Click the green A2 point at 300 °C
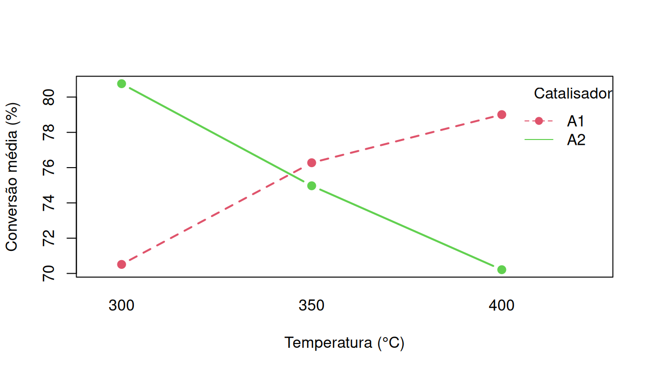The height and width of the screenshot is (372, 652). click(121, 84)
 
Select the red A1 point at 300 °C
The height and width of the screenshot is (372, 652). click(121, 264)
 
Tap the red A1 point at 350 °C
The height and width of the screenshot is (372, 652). click(311, 163)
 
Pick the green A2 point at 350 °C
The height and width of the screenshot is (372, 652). click(311, 186)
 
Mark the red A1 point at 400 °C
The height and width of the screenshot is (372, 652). click(502, 114)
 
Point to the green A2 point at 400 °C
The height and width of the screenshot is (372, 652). click(502, 270)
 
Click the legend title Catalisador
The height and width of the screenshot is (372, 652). click(572, 93)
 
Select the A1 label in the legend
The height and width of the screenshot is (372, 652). click(576, 121)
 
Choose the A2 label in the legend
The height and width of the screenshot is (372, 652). click(576, 140)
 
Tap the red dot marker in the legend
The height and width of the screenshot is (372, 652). click(538, 121)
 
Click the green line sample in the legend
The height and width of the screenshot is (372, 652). click(538, 140)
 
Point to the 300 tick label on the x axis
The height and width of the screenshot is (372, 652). click(121, 306)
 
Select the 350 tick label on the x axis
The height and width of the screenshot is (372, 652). click(311, 306)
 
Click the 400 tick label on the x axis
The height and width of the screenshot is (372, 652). click(502, 306)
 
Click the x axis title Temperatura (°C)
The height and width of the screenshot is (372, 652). click(344, 343)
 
